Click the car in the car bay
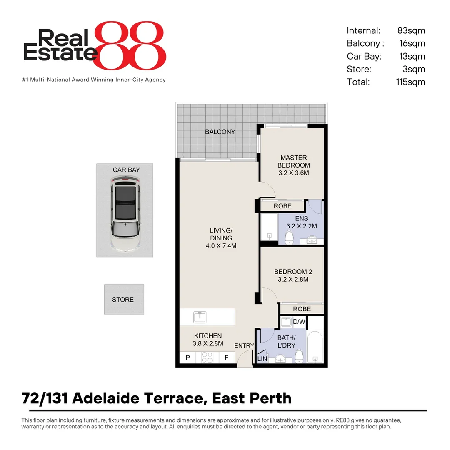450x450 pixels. pyautogui.click(x=125, y=213)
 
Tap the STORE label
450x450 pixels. pyautogui.click(x=123, y=300)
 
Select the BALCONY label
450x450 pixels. pyautogui.click(x=220, y=132)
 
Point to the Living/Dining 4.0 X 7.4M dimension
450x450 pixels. pyautogui.click(x=221, y=246)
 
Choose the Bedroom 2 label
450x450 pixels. pyautogui.click(x=293, y=272)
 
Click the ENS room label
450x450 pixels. pyautogui.click(x=301, y=218)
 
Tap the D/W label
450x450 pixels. pyautogui.click(x=299, y=322)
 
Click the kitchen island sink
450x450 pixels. pyautogui.click(x=200, y=317)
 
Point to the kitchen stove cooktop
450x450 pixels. pyautogui.click(x=207, y=357)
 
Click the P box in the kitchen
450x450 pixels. pyautogui.click(x=187, y=357)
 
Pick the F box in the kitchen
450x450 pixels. pyautogui.click(x=226, y=357)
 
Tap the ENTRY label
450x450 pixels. pyautogui.click(x=244, y=345)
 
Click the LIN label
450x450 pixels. pyautogui.click(x=262, y=358)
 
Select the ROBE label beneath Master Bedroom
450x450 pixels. pyautogui.click(x=282, y=206)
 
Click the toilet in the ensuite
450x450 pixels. pyautogui.click(x=289, y=237)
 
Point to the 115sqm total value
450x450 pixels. pyautogui.click(x=410, y=82)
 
